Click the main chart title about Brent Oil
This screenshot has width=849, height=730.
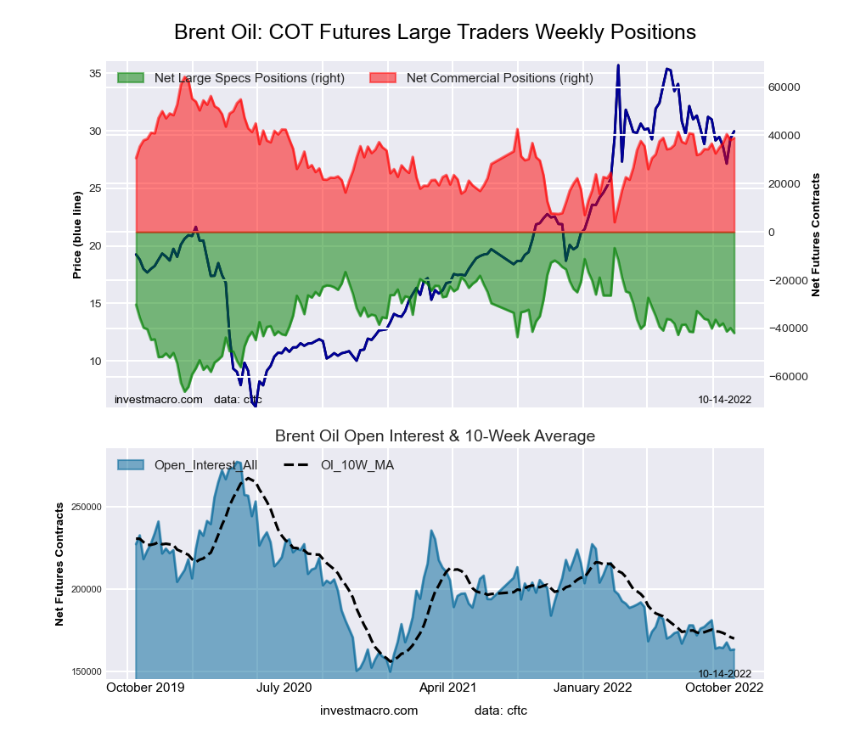point(435,32)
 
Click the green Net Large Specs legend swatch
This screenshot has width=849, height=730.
point(132,78)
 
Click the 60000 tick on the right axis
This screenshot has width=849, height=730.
point(784,87)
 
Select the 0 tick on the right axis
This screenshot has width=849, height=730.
point(772,233)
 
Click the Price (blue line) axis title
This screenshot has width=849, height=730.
point(77,235)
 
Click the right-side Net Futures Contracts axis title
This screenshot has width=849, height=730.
point(816,234)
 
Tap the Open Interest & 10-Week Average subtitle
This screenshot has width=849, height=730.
point(435,436)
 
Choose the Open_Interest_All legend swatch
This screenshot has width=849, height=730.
point(132,465)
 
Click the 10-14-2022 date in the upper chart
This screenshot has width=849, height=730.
point(724,399)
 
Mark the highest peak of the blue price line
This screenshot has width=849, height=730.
point(618,65)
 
